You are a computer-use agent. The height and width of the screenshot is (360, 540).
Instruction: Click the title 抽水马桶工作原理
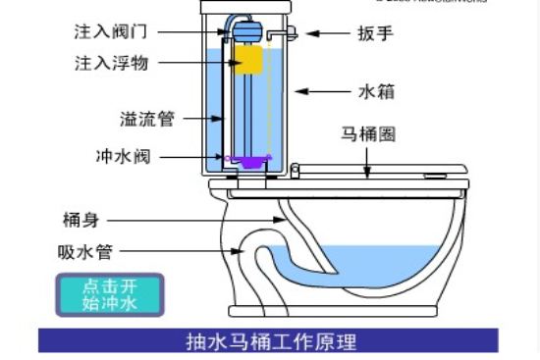click(x=271, y=341)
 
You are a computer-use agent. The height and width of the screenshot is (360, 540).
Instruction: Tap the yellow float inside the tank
click(x=250, y=61)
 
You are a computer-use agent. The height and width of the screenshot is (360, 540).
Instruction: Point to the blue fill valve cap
click(x=243, y=28)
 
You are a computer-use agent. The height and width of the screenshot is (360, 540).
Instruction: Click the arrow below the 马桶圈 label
click(x=368, y=163)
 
